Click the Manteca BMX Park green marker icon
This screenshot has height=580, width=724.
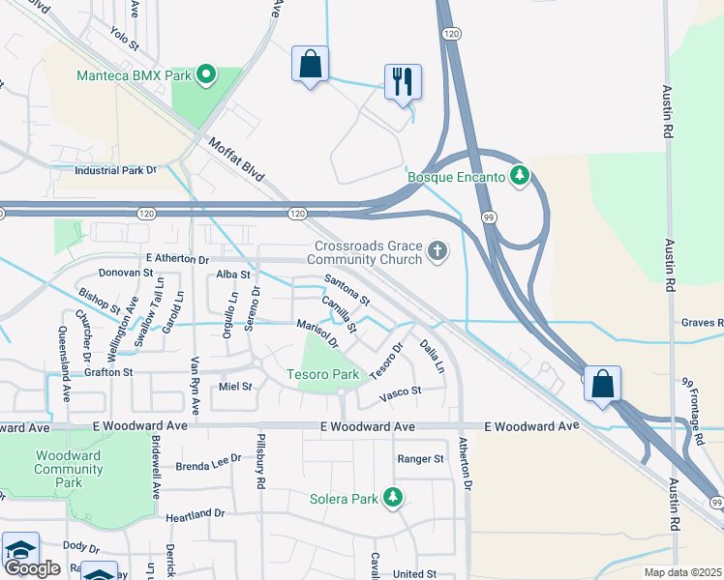pyautogui.click(x=205, y=73)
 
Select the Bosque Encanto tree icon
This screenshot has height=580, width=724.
pyautogui.click(x=521, y=176)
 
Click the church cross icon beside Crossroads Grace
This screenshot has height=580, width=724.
pyautogui.click(x=437, y=252)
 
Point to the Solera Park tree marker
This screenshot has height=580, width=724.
pyautogui.click(x=393, y=499)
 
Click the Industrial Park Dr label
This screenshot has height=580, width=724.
pyautogui.click(x=115, y=171)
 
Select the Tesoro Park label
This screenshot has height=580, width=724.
pyautogui.click(x=322, y=374)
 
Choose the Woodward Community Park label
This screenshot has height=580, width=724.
pyautogui.click(x=68, y=469)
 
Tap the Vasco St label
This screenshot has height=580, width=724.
pyautogui.click(x=400, y=391)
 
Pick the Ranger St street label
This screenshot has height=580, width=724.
pyautogui.click(x=420, y=458)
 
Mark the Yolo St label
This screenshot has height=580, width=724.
pyautogui.click(x=125, y=40)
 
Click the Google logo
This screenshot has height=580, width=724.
pyautogui.click(x=32, y=568)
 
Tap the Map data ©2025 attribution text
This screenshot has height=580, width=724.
pyautogui.click(x=683, y=572)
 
